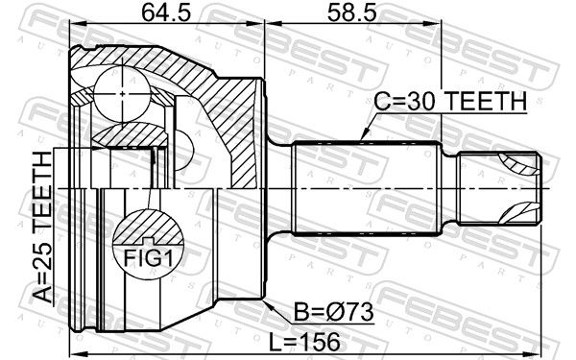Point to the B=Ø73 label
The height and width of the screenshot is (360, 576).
329,313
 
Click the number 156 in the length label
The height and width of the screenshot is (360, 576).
328,340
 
